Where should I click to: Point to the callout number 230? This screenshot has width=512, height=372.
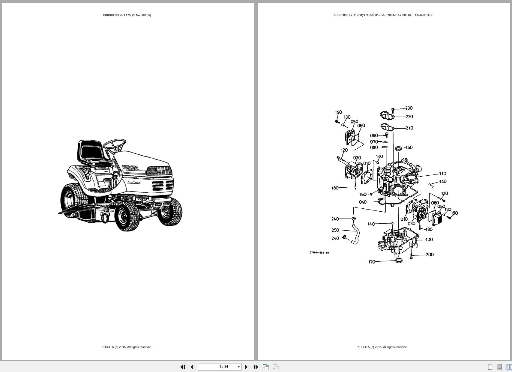(409, 108)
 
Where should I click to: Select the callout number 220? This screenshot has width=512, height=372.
(409, 117)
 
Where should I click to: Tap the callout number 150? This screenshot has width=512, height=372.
(409, 147)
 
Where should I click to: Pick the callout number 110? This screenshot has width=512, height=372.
(442, 174)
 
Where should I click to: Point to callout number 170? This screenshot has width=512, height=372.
(372, 262)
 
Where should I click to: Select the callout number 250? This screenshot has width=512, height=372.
(335, 230)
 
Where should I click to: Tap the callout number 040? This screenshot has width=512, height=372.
(363, 202)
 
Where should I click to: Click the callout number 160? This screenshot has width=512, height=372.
(363, 195)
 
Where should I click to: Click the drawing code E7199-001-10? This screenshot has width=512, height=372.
(319, 253)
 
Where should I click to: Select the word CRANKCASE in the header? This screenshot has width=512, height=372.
(424, 15)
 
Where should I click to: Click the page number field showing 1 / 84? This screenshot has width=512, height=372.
(223, 367)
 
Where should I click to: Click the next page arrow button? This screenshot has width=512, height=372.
(246, 367)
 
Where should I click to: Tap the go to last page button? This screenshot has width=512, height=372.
(256, 367)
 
